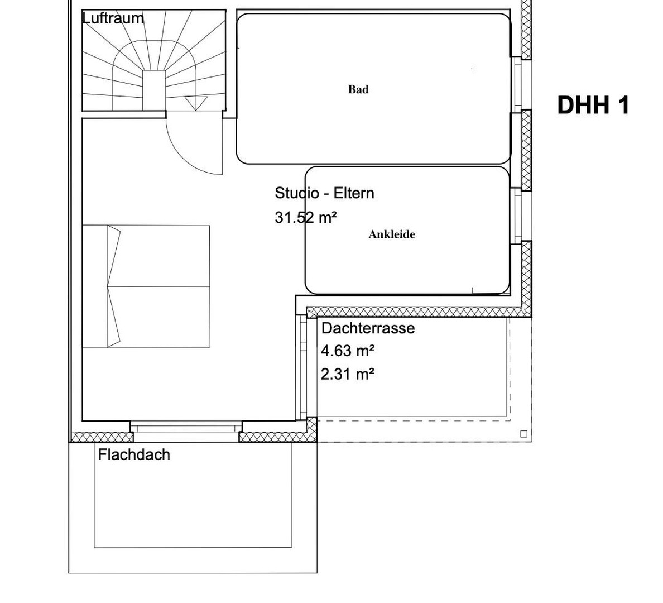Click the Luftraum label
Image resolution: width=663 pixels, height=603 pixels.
click(113, 18)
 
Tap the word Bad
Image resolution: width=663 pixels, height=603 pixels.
click(358, 89)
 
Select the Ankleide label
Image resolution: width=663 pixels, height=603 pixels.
click(392, 234)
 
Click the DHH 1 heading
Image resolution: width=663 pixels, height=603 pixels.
click(593, 105)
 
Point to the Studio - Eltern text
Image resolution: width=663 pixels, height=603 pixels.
click(324, 193)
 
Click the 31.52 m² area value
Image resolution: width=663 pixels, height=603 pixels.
click(305, 217)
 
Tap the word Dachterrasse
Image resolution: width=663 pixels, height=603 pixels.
click(368, 328)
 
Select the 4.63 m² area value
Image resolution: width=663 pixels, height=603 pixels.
click(347, 351)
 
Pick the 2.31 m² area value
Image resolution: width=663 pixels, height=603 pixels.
click(347, 374)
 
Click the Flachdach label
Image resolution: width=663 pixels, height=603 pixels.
click(134, 454)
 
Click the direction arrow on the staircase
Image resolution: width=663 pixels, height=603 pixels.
click(196, 103)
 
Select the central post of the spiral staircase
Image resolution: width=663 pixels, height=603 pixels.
click(153, 89)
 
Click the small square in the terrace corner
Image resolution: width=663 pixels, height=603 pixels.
click(523, 434)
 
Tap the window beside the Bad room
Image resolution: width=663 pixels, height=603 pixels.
click(517, 84)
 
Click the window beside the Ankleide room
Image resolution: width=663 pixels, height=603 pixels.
click(517, 216)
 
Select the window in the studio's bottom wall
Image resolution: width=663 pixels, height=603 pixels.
click(186, 427)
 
